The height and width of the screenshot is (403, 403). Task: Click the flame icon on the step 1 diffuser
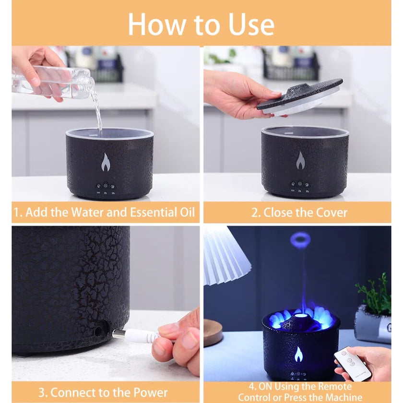pyautogui.click(x=106, y=163)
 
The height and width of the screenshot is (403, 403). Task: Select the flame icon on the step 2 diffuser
pyautogui.click(x=300, y=161)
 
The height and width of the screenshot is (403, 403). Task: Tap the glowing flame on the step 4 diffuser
pyautogui.click(x=298, y=355)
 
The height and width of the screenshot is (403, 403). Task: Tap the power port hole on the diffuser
pyautogui.click(x=99, y=331)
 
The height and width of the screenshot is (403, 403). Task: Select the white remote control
pyautogui.click(x=353, y=363)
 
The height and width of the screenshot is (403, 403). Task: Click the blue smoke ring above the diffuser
pyautogui.click(x=300, y=240)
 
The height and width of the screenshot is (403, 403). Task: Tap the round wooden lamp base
pyautogui.click(x=212, y=332)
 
